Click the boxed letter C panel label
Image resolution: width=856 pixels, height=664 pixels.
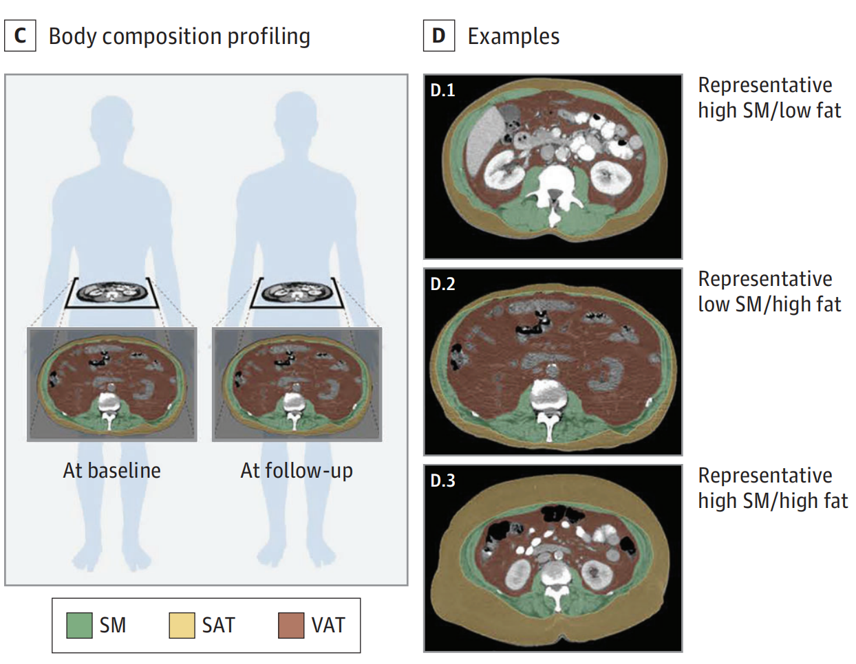pos(20,36)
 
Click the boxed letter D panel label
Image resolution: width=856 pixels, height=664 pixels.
pos(438,36)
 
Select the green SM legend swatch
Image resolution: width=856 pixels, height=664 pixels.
pos(79,626)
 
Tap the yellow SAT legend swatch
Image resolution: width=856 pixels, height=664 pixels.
pos(182,626)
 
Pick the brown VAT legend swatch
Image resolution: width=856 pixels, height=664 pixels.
pos(291,626)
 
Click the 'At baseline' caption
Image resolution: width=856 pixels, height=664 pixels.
pos(112,471)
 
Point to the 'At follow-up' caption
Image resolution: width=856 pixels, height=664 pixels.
pos(297,471)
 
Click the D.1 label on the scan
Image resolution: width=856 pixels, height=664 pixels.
pos(442,90)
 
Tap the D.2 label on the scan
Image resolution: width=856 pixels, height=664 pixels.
pos(442,284)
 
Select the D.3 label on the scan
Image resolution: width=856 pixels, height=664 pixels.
pos(442,480)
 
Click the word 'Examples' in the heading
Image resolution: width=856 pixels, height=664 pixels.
pos(513,36)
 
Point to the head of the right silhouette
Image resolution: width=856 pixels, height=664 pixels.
pos(297,117)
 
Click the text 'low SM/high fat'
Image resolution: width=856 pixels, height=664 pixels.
pos(769,304)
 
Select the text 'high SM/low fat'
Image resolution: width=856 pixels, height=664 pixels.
pos(769,110)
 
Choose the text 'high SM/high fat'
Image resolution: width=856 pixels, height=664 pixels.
pos(773,500)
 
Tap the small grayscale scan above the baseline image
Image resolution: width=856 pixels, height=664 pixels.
pos(112,292)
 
